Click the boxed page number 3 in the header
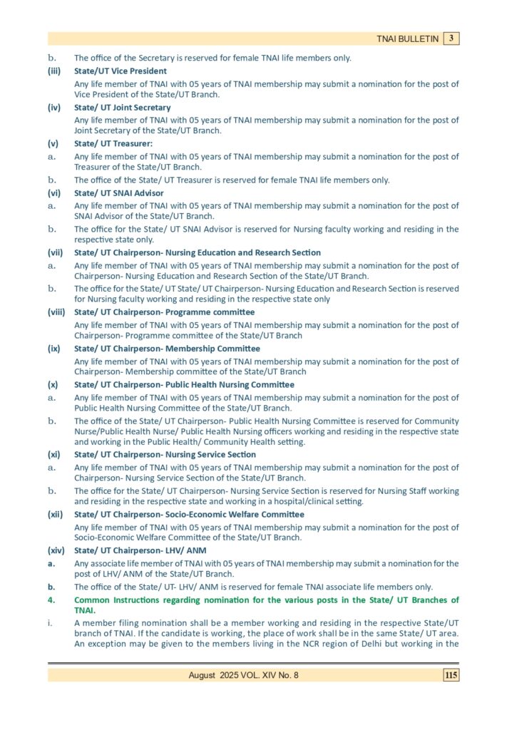click(x=451, y=38)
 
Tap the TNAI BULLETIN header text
click(x=408, y=39)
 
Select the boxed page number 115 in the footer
click(x=451, y=675)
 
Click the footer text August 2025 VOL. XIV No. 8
click(x=243, y=675)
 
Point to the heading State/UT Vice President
click(x=121, y=71)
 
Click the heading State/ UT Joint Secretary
click(x=123, y=108)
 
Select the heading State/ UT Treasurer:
click(x=111, y=144)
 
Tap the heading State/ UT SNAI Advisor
click(x=119, y=193)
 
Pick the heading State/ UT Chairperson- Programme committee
click(x=165, y=312)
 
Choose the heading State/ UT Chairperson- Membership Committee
click(x=167, y=349)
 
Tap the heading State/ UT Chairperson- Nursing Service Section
click(x=165, y=454)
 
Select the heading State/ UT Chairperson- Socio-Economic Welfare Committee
click(x=189, y=514)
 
